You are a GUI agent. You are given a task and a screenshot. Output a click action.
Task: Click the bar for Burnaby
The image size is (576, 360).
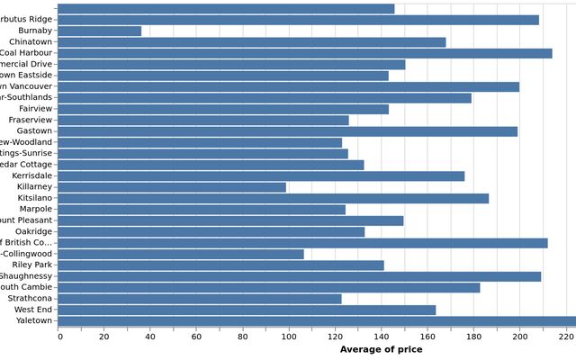[x=100, y=31]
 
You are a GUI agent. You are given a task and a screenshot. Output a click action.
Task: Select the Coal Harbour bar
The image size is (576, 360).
[x=306, y=53]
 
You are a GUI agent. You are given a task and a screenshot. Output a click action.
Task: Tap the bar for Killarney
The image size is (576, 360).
[x=173, y=187]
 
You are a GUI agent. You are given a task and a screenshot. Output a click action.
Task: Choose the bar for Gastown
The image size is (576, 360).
[x=289, y=131]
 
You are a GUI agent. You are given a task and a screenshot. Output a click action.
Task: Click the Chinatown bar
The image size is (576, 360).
[x=253, y=42]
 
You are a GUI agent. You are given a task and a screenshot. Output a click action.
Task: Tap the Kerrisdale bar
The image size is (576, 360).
[x=262, y=176]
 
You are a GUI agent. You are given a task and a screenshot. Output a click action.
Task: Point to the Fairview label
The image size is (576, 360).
[x=35, y=109]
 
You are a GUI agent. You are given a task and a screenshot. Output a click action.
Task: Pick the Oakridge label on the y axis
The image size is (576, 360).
[x=33, y=231]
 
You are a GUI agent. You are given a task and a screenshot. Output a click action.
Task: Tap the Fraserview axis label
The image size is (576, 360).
[x=31, y=120]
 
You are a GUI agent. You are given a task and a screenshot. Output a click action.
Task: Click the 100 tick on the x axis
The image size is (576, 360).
[x=289, y=337]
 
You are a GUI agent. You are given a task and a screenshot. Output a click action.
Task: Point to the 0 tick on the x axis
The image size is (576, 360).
[x=59, y=337]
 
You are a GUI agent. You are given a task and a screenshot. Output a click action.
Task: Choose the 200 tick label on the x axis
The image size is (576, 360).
[x=519, y=337]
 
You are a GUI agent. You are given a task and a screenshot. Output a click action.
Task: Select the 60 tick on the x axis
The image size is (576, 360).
[x=197, y=337]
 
